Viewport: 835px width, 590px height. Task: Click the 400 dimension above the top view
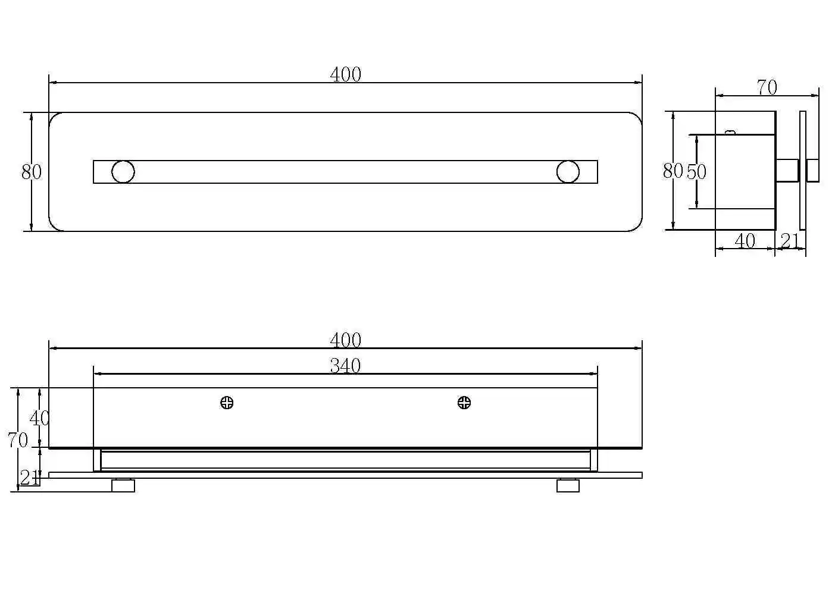tap(346, 74)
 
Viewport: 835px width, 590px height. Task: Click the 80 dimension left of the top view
tap(32, 172)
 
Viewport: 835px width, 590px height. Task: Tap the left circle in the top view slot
tap(123, 172)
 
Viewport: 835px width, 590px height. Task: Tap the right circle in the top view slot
tap(568, 172)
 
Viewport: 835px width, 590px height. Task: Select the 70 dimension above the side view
tap(767, 87)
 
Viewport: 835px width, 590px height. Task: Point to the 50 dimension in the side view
tap(696, 172)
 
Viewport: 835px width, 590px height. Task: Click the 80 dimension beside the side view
tap(673, 171)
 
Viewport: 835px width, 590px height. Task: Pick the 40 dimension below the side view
tap(745, 241)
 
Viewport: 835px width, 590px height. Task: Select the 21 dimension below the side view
tap(789, 241)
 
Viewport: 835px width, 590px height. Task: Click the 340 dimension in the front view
tap(346, 366)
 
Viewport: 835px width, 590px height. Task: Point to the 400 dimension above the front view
tap(346, 340)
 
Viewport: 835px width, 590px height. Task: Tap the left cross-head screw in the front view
tap(227, 403)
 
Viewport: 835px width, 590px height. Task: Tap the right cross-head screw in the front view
tap(464, 403)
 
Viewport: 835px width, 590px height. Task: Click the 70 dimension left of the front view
tap(17, 440)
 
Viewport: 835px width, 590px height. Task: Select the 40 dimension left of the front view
tap(39, 418)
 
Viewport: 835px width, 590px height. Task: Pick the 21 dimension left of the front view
tap(29, 478)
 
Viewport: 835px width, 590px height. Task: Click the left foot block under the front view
tap(123, 486)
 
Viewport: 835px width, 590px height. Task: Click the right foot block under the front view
tap(568, 486)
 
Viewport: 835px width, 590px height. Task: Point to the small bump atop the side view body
tap(730, 132)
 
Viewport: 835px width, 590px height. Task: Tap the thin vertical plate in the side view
tap(803, 170)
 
